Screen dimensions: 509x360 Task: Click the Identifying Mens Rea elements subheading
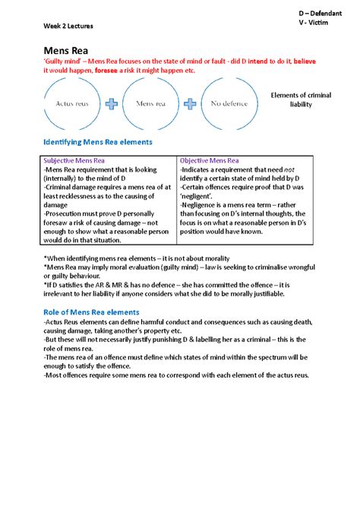click(x=98, y=142)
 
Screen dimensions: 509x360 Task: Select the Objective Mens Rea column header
click(x=209, y=162)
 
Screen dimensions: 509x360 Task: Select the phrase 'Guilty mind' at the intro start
click(x=65, y=61)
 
